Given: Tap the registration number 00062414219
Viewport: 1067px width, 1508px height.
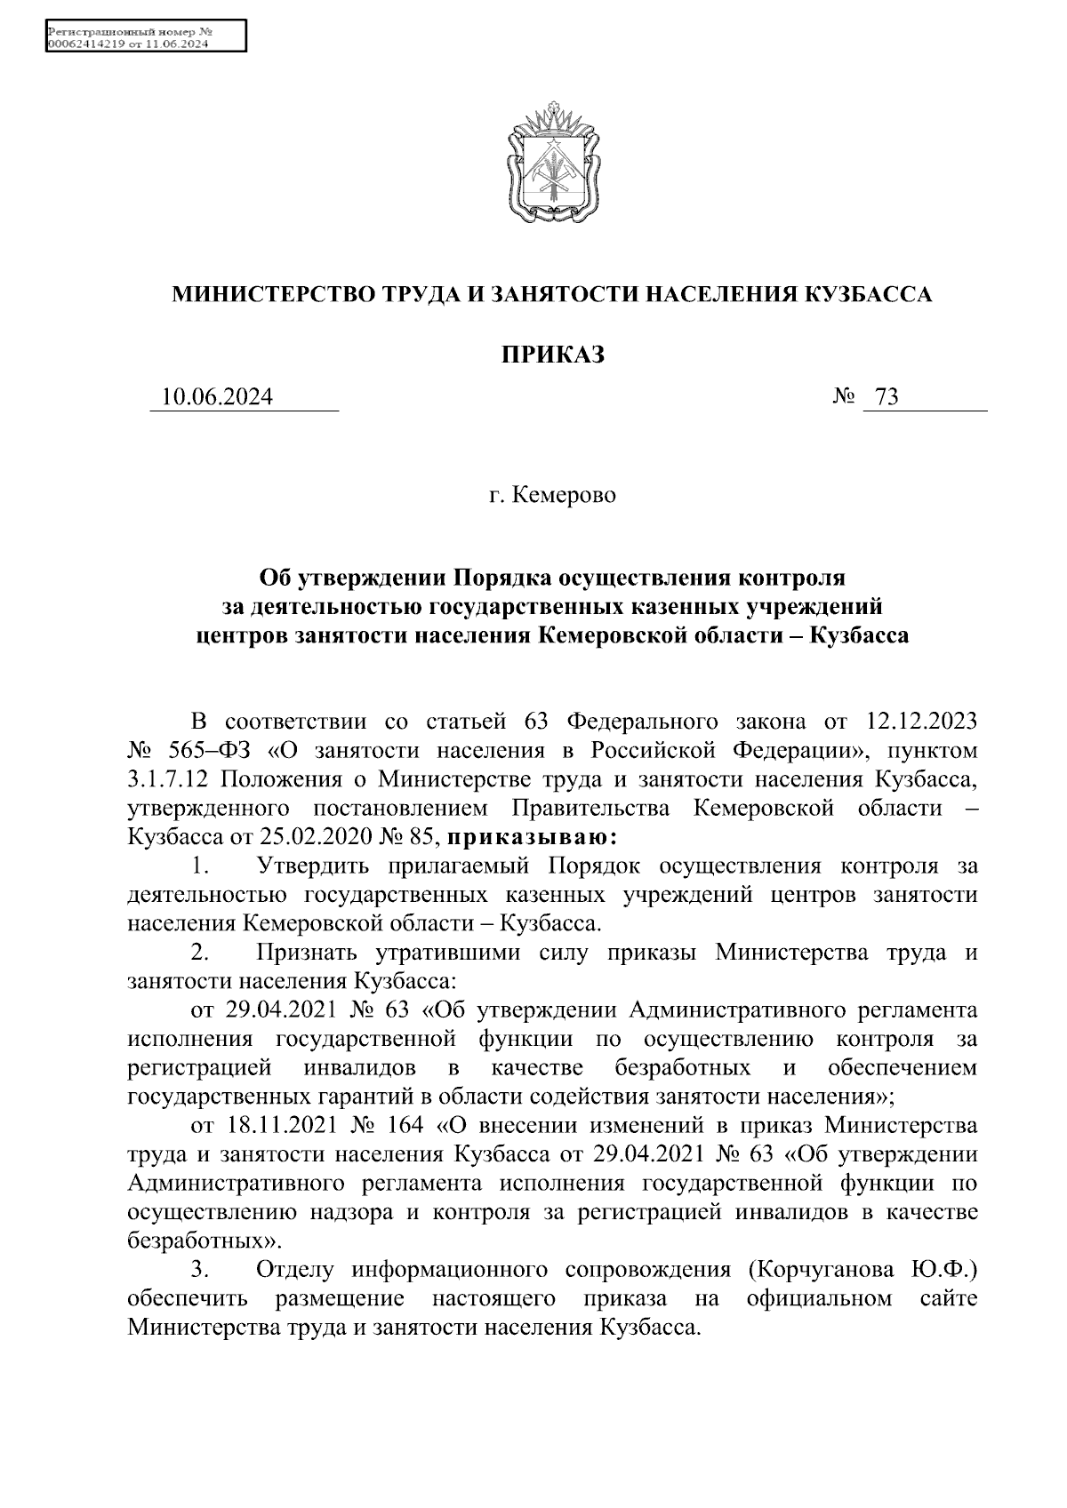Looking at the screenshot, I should (86, 43).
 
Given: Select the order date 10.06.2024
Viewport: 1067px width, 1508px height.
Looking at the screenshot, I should (218, 397).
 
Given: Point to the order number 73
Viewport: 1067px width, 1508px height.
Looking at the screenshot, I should (886, 397).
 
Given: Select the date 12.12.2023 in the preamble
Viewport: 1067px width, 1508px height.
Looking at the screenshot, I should (919, 722).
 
